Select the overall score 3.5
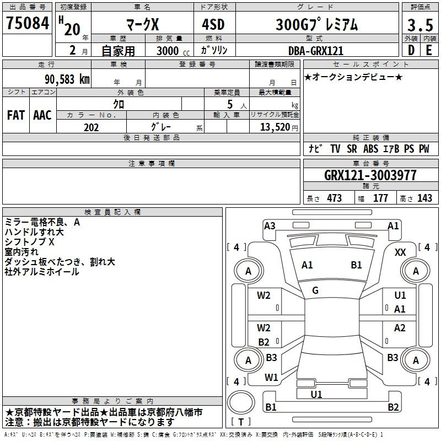(420, 25)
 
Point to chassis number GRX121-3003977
(370, 176)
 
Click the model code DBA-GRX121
(316, 51)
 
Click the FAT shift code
(15, 115)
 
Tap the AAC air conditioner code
(42, 115)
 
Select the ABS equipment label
(370, 149)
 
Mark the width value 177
(380, 198)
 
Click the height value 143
(424, 198)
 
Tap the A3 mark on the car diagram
(270, 225)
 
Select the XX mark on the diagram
(401, 252)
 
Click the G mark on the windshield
(315, 290)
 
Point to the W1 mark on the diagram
(271, 378)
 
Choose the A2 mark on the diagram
(400, 328)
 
